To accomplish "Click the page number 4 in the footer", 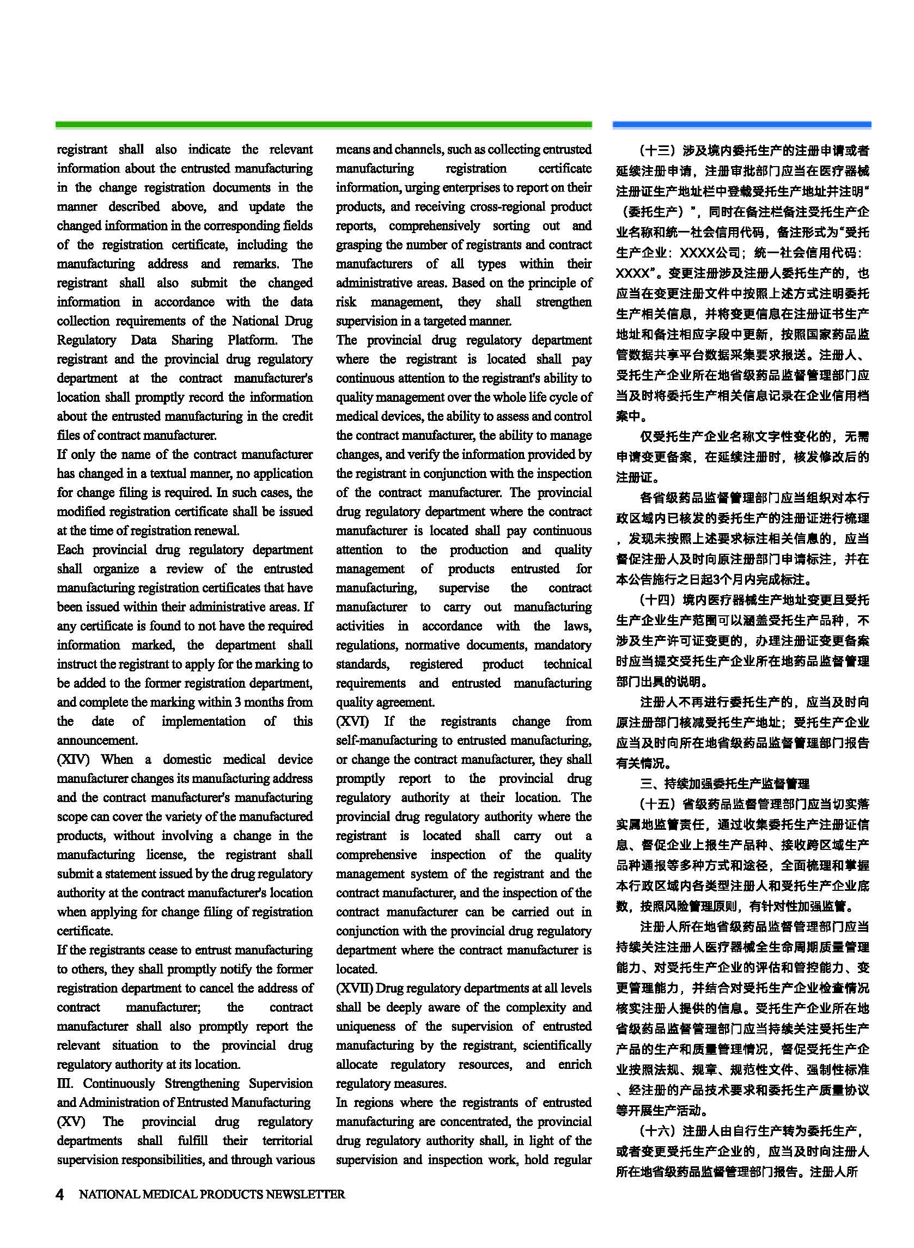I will [60, 1194].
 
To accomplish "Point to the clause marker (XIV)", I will [72, 759].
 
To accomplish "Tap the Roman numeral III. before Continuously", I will [64, 1083].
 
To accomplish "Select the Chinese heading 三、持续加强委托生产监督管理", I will [724, 784].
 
